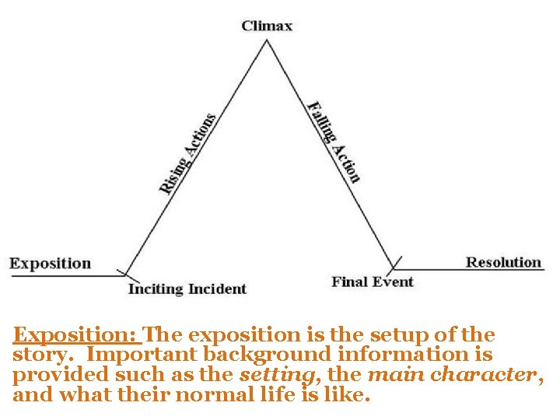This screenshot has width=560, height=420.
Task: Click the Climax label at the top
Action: tap(267, 26)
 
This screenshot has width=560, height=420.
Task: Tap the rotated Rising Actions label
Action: tap(187, 153)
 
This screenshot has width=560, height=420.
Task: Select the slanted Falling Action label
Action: tap(334, 142)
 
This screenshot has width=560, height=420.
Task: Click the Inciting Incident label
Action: tap(187, 289)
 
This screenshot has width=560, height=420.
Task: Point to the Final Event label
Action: tap(372, 282)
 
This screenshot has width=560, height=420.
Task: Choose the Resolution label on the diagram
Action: tap(503, 262)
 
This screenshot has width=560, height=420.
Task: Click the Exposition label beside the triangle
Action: tap(50, 264)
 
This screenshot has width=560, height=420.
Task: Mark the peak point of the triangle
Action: tap(268, 40)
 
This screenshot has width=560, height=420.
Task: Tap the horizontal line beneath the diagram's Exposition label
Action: tap(62, 275)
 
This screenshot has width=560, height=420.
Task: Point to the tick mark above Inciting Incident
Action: tap(124, 273)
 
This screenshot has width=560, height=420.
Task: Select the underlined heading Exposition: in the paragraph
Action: tap(75, 335)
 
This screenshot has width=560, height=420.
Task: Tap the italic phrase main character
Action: tap(451, 375)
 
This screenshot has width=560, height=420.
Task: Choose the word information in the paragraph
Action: tap(410, 355)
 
